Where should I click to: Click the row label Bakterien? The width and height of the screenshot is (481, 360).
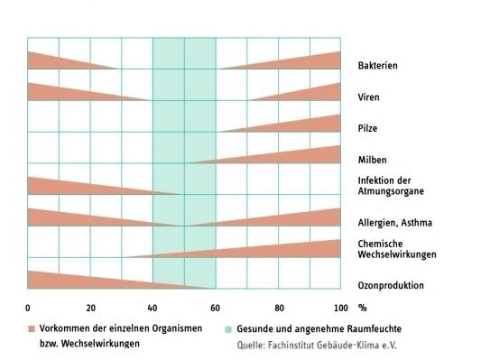coord(377,66)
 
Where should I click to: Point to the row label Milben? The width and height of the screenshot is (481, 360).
coord(372,161)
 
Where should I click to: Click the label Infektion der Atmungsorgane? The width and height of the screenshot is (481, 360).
coord(390,186)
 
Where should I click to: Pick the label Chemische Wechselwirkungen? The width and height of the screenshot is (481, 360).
coord(396,249)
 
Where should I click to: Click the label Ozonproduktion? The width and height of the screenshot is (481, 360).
coord(390,286)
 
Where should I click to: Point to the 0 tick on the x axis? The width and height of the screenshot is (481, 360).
coord(28,307)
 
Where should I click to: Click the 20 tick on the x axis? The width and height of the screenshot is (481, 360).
coord(90,307)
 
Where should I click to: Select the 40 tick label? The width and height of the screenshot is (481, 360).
coord(153,307)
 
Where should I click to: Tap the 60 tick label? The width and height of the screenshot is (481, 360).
coord(216,307)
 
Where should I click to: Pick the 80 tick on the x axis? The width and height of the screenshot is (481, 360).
coord(279,307)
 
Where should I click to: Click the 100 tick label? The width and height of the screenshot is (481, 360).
coord(339,307)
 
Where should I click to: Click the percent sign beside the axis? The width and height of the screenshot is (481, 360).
coord(363,307)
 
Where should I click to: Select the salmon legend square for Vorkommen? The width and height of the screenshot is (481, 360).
coord(32,328)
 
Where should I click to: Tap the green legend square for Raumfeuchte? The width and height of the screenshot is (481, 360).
coord(227,328)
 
